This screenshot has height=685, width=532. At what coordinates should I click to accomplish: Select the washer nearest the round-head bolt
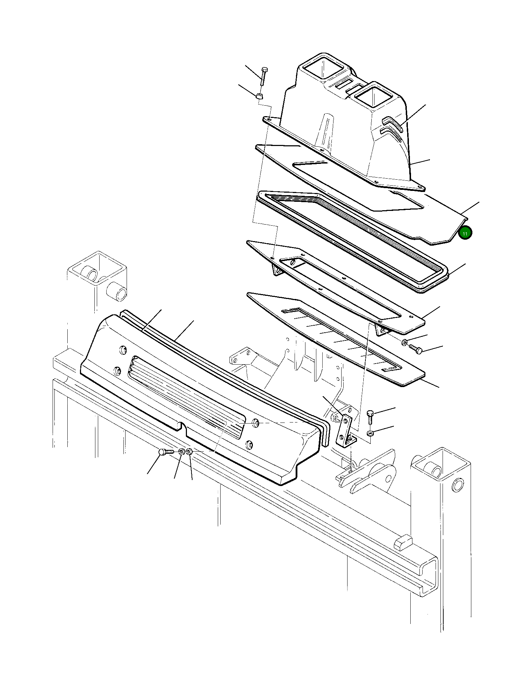tap(181, 452)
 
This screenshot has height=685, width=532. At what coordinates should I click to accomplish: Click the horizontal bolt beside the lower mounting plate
tap(415, 348)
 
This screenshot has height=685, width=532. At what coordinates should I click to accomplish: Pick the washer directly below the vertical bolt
tap(371, 434)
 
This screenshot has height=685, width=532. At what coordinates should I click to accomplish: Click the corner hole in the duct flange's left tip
tap(269, 120)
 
